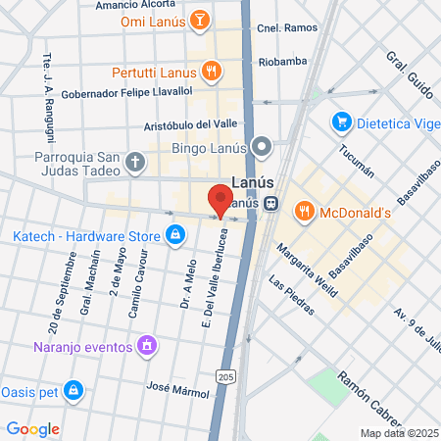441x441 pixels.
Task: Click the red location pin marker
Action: pos(220,199)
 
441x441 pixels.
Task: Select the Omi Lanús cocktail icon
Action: pos(199,21)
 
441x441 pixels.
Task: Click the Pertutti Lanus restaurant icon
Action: pos(210,71)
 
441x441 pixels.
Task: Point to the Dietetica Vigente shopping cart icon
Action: pos(341,122)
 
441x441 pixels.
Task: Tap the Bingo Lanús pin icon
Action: pos(262,148)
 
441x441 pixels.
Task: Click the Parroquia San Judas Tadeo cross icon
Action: pos(134,163)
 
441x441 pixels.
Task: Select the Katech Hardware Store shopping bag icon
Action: pos(174,235)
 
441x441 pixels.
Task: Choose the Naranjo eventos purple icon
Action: pos(147,344)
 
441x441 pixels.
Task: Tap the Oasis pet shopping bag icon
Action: pos(73,390)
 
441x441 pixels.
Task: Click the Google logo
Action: pos(32,429)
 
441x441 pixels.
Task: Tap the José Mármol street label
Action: pos(176,390)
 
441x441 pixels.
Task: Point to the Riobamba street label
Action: pos(282,61)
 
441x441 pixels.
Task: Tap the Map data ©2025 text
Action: pos(398,433)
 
